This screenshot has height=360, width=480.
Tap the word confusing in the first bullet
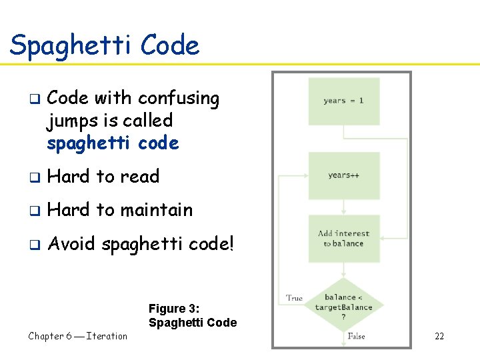click(x=179, y=99)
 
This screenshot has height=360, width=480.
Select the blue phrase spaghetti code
click(x=113, y=143)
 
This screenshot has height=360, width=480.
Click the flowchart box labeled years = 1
click(x=343, y=101)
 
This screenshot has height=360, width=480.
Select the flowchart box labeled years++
click(x=343, y=175)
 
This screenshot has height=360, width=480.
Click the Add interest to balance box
click(x=343, y=239)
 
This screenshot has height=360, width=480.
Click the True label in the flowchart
click(x=294, y=298)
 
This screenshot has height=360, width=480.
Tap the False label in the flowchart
click(x=356, y=337)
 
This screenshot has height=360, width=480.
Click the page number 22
click(x=439, y=336)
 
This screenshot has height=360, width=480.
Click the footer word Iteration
click(x=107, y=336)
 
